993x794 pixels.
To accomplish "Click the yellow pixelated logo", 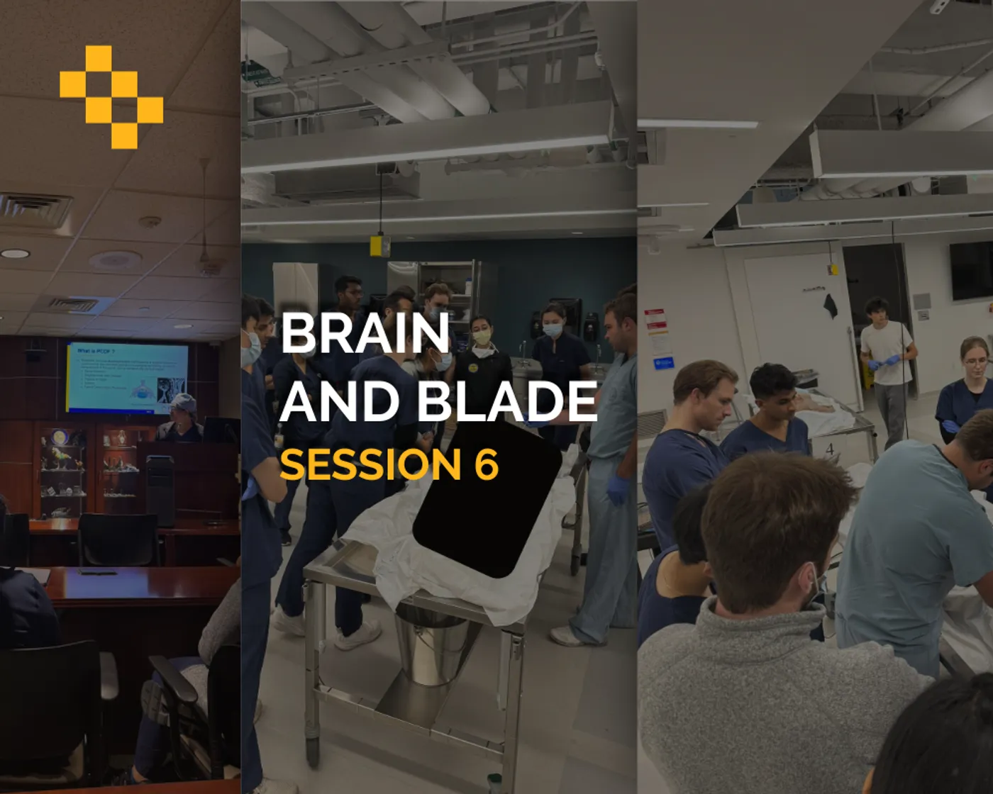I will [111, 97].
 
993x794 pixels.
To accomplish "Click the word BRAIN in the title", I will [365, 333].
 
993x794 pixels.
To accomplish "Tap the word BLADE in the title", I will [506, 401].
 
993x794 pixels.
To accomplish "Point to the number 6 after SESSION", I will [486, 464].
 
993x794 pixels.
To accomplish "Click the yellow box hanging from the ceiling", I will [379, 245].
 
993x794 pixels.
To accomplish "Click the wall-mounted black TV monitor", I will [971, 271].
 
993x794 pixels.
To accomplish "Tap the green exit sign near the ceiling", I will [261, 75].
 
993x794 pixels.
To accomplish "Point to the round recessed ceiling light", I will [15, 253].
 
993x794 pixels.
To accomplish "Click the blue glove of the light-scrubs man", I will [618, 489].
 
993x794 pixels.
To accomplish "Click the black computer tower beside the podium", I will [160, 489].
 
